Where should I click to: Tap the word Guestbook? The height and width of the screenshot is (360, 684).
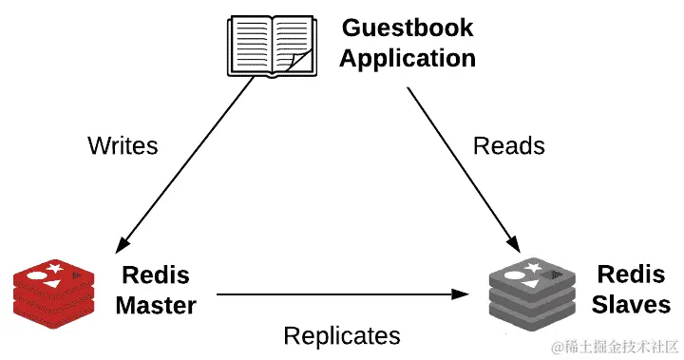coord(407,27)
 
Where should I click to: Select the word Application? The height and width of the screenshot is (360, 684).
coord(407,58)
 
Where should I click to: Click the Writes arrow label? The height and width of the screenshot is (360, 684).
coord(123,145)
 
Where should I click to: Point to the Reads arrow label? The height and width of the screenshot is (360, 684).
coord(509,145)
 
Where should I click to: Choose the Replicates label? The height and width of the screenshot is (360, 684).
coord(342,335)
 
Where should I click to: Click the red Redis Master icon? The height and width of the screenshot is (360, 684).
coord(54,293)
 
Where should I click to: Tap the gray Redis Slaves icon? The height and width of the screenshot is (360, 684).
coord(532,293)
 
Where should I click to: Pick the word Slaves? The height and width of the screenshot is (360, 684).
coord(631,305)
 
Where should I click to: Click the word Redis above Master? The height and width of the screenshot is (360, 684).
coord(156,276)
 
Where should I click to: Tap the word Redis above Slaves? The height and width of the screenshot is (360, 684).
coord(630,275)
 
